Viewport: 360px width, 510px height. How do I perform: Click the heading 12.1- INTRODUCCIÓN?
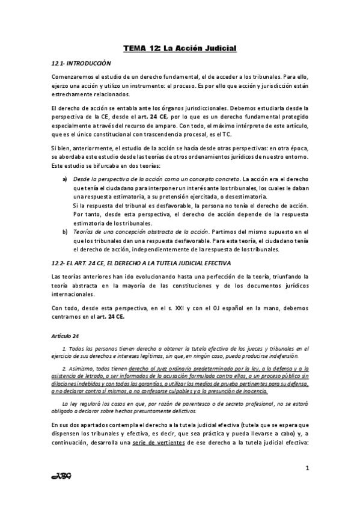pos(81,63)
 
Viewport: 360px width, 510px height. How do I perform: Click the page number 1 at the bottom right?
pos(307,468)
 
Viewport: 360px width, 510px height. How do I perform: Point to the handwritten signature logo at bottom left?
pos(61,476)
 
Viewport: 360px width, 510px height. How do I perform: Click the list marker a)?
pos(65,180)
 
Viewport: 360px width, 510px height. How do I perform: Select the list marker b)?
pos(65,232)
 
